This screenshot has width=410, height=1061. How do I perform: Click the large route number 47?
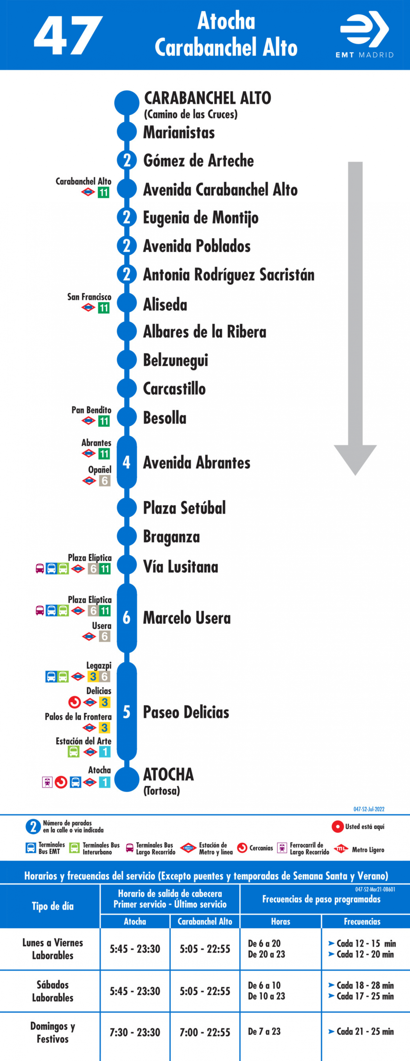coord(68,36)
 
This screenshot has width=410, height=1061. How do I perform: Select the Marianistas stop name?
coord(179,133)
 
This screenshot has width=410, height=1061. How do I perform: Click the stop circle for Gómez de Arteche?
coord(127,160)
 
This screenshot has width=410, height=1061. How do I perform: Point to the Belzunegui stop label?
coord(176,360)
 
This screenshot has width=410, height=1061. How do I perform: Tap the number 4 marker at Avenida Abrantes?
coord(127,462)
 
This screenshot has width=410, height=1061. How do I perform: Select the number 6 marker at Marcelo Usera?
coord(127,617)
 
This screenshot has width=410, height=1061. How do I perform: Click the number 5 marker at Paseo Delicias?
coord(127,712)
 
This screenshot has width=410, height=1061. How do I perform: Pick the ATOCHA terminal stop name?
coord(168,774)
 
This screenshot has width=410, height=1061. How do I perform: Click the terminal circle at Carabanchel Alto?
coord(127,102)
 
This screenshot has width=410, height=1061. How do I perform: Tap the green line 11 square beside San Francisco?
coord(103,308)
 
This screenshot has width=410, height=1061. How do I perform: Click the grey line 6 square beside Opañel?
coord(104,481)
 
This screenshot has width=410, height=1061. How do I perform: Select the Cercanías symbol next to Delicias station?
coord(75,702)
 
